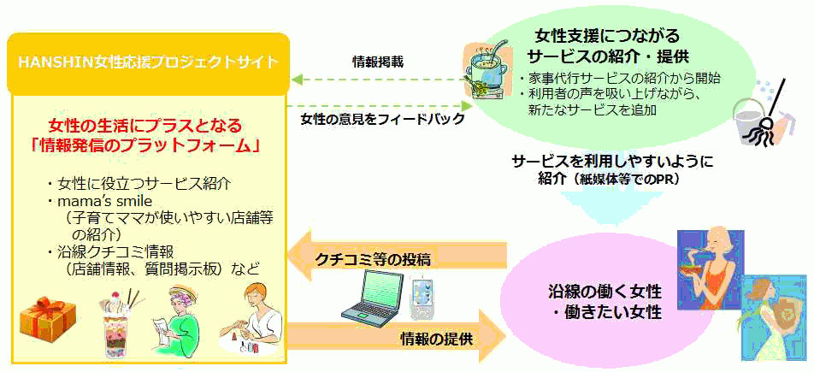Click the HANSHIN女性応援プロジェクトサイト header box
click(x=148, y=64)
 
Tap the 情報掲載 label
click(x=377, y=62)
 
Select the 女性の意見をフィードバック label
click(x=382, y=119)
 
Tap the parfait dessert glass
click(x=121, y=324)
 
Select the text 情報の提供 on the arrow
click(x=436, y=340)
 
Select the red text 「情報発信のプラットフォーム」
click(x=145, y=146)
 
